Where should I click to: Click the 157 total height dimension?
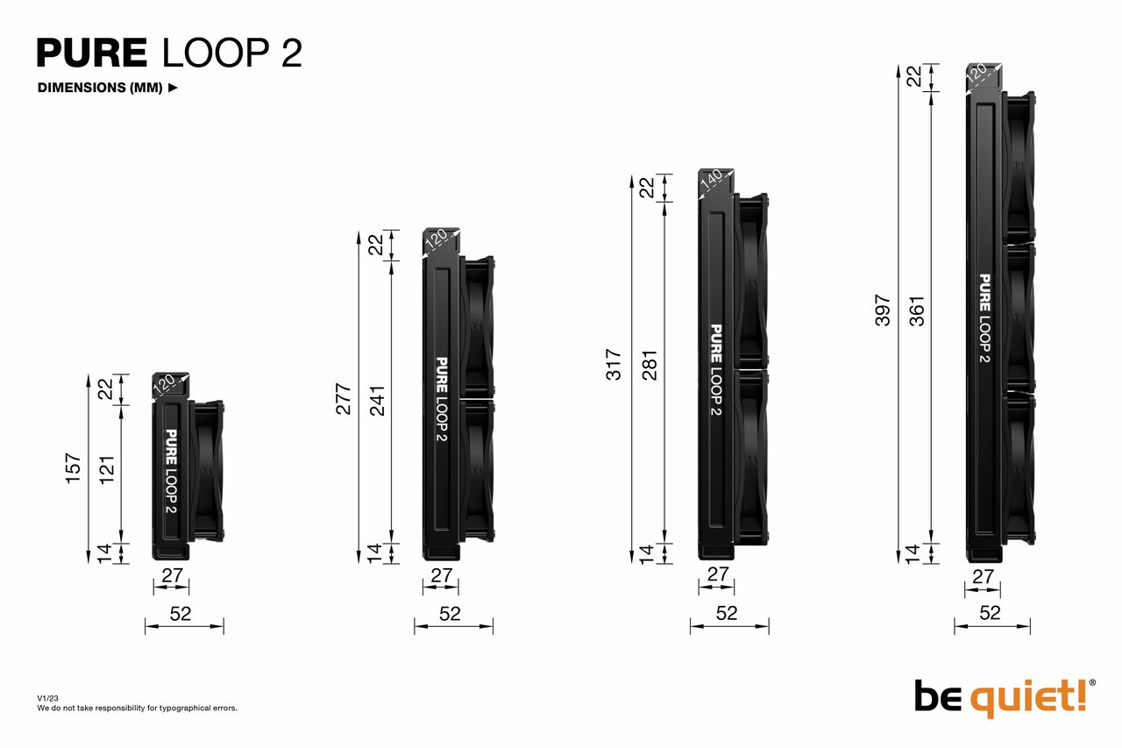[74, 467]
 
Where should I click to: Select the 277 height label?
[344, 398]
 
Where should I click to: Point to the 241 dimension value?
[377, 398]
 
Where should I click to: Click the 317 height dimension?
[614, 365]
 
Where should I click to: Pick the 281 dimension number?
[649, 365]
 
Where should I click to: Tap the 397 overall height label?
[883, 310]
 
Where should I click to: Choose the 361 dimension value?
[917, 310]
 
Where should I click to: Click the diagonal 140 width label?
[711, 180]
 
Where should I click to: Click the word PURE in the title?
[92, 53]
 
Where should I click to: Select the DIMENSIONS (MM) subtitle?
[100, 88]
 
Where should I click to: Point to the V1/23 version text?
[47, 698]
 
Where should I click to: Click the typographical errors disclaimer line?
[137, 708]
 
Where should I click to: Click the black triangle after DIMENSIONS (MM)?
[173, 88]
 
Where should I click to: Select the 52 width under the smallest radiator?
[181, 614]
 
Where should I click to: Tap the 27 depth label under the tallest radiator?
[983, 577]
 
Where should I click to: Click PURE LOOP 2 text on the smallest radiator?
[171, 472]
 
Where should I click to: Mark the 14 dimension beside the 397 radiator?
[913, 552]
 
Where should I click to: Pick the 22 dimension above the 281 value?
[648, 188]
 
